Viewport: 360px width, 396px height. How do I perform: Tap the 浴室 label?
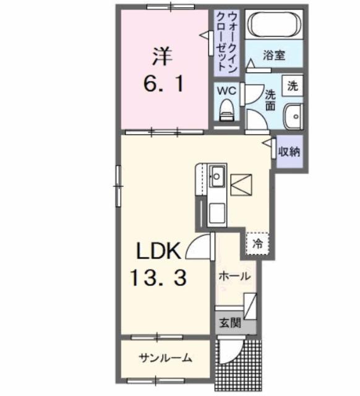(275, 55)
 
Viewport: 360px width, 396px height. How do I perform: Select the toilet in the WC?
(226, 111)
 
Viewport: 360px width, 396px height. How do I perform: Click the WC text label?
(226, 90)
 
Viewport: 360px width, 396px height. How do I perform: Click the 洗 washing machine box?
(294, 86)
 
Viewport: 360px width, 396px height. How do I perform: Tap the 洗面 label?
(270, 100)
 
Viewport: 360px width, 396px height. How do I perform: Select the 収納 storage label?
(288, 150)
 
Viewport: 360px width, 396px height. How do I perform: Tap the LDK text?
(158, 252)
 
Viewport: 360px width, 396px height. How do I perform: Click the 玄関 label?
(230, 323)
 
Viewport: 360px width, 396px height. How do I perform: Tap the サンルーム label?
(165, 358)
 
